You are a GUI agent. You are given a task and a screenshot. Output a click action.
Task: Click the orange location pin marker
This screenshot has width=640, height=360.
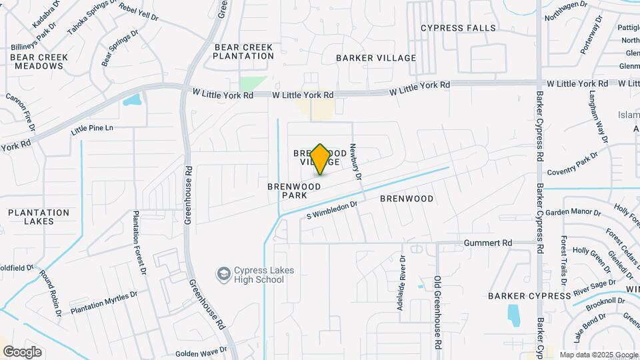point(320,159)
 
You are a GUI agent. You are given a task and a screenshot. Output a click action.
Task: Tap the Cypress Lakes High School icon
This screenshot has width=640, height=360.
point(223,274)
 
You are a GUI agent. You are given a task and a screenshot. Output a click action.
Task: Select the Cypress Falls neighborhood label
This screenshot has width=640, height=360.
point(459,28)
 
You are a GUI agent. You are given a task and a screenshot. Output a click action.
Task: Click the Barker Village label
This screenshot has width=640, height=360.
point(376,58)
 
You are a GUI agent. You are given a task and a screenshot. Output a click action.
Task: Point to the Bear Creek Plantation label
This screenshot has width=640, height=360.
point(243,51)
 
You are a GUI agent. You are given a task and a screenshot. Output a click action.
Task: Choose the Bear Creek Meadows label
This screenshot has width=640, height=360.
point(39,61)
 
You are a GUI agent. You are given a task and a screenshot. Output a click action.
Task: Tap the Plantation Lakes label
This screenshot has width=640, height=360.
point(39,217)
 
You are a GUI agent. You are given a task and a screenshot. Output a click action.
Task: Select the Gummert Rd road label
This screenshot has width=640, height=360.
point(488,243)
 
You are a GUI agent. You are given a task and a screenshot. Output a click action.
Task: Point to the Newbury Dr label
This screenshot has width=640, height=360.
point(355,163)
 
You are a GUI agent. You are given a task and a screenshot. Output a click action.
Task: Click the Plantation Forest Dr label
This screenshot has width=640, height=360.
point(139,243)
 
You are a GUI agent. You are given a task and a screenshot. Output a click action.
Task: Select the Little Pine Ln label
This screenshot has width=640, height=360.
point(93,127)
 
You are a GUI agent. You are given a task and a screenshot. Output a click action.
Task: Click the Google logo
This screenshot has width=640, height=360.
point(21,352)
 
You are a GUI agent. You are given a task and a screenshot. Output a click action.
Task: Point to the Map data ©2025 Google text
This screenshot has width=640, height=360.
point(598,355)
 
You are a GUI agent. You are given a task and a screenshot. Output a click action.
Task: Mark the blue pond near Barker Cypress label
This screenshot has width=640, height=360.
point(514,314)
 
